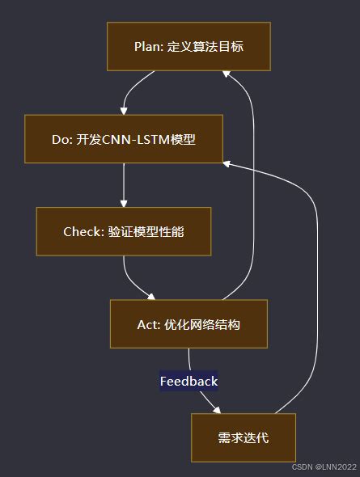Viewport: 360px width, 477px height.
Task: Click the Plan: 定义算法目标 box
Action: click(x=188, y=46)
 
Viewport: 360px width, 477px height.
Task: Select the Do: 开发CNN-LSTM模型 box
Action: click(x=124, y=139)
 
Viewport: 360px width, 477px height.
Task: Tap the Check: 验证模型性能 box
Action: click(x=124, y=231)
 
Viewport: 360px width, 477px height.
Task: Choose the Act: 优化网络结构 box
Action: click(x=188, y=324)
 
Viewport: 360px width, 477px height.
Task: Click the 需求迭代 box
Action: click(x=244, y=437)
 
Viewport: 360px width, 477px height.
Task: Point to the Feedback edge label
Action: click(x=188, y=381)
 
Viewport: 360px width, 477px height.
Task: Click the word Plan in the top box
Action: click(x=147, y=46)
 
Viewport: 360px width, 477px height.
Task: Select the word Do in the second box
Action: click(x=61, y=139)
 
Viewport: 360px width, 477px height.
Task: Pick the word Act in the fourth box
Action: click(x=148, y=324)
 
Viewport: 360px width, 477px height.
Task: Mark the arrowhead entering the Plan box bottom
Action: click(x=227, y=75)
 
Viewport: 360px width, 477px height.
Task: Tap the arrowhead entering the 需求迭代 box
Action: click(x=216, y=409)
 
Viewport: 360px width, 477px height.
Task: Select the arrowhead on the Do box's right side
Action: click(x=227, y=163)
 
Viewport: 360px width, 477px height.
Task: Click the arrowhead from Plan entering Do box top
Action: click(x=124, y=110)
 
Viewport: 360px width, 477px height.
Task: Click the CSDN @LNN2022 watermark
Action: click(x=324, y=466)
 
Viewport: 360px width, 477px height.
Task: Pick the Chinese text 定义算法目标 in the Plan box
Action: click(x=205, y=46)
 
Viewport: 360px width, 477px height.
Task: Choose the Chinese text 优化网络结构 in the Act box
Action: click(x=202, y=324)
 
